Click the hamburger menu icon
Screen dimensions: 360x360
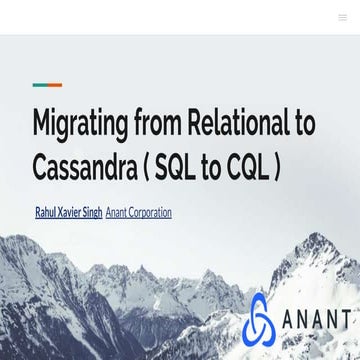(343, 17)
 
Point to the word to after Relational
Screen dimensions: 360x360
(303, 124)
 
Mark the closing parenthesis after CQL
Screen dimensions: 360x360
(279, 166)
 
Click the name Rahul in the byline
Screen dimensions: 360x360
(45, 212)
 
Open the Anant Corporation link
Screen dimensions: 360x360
(139, 212)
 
